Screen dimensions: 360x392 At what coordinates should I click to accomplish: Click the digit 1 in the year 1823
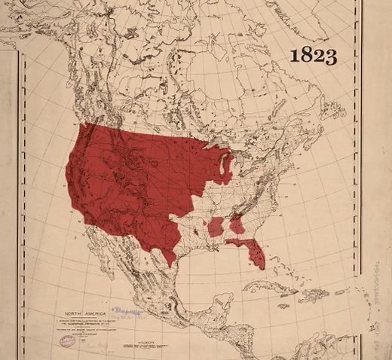tap(296, 56)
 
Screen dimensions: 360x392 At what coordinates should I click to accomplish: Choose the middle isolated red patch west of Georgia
tap(219, 227)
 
